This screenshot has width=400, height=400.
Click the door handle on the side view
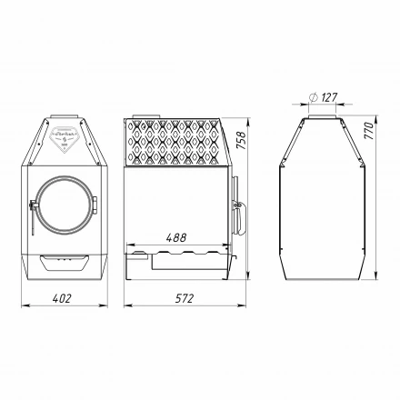pos(239,207)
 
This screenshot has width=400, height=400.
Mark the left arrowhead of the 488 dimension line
pos(128,245)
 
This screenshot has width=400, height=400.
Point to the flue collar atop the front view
pos(64,114)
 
